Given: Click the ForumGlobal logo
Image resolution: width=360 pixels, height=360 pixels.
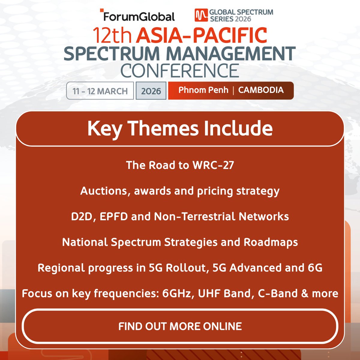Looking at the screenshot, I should [x=138, y=16].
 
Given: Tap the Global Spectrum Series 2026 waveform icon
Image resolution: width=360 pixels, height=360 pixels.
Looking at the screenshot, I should [x=201, y=15].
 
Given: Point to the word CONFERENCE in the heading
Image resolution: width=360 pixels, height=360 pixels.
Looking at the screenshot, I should [x=179, y=70].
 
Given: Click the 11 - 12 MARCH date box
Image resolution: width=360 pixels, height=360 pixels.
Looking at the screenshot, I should [x=100, y=91].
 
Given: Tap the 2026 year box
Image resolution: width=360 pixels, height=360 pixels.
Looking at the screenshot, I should [x=151, y=91].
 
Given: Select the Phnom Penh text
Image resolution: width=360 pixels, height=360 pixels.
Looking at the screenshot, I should [x=203, y=90].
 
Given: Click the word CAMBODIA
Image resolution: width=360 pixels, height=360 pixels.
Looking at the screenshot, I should [x=261, y=90].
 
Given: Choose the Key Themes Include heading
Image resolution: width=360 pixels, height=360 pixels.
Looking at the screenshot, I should [x=180, y=129].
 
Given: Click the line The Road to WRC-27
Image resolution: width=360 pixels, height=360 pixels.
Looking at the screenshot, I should [x=180, y=165].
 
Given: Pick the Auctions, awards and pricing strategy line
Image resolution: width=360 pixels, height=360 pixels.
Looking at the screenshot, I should [x=180, y=191].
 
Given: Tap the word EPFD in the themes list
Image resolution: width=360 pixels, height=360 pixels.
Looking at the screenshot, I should [x=113, y=217].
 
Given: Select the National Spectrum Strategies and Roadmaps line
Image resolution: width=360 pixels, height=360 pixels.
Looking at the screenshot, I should [x=180, y=242].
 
